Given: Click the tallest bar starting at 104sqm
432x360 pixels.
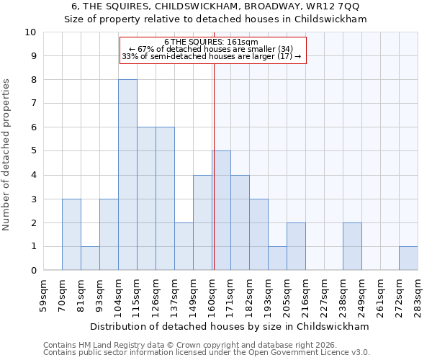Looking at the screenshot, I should click(127, 175).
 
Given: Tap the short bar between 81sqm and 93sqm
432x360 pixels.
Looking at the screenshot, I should click(90, 258).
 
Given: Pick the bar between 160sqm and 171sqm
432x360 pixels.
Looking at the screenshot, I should click(221, 211).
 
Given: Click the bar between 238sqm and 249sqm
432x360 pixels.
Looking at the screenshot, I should click(352, 247).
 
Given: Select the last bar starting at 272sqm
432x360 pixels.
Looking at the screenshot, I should click(408, 258).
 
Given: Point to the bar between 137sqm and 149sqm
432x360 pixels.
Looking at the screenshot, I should click(184, 247).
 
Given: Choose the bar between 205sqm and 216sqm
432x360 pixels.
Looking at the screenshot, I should click(296, 247).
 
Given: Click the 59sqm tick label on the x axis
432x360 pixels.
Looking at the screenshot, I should click(44, 295).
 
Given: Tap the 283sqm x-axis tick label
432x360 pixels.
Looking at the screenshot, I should click(418, 295).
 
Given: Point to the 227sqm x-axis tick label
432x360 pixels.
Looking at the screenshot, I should click(325, 295).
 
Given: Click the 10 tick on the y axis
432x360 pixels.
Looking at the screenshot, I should click(30, 32).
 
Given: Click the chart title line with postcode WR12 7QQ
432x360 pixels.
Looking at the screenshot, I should click(216, 6).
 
